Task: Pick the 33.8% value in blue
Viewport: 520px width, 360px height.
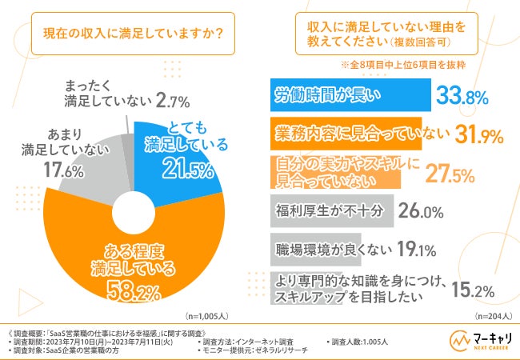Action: (465, 97)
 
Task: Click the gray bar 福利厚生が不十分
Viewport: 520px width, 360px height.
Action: (328, 211)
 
